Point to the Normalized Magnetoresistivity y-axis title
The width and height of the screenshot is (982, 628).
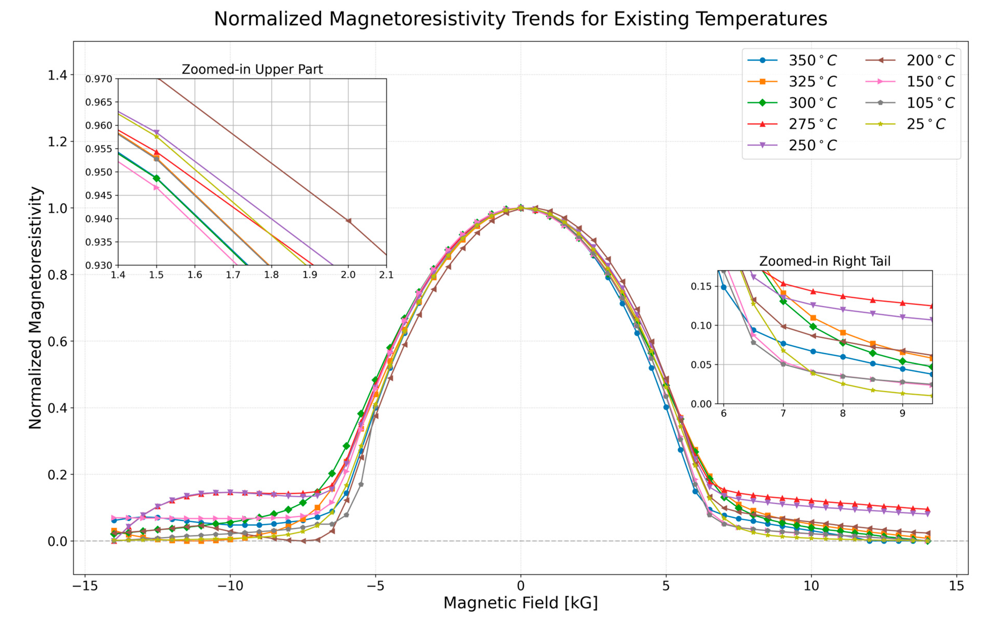36,308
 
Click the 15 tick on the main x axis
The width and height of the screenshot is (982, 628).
956,586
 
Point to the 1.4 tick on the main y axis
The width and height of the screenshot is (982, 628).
57,75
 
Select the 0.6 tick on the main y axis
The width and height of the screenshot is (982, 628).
57,341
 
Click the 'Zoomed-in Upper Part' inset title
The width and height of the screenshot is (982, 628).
252,69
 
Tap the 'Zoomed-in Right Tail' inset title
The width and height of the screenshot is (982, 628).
825,261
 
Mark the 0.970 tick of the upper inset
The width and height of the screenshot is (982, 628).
98,79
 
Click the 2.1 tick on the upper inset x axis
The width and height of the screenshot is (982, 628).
386,275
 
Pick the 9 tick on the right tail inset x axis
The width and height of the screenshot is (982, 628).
902,413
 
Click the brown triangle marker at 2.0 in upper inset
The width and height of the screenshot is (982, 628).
348,221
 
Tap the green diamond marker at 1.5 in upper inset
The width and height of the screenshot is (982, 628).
156,178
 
